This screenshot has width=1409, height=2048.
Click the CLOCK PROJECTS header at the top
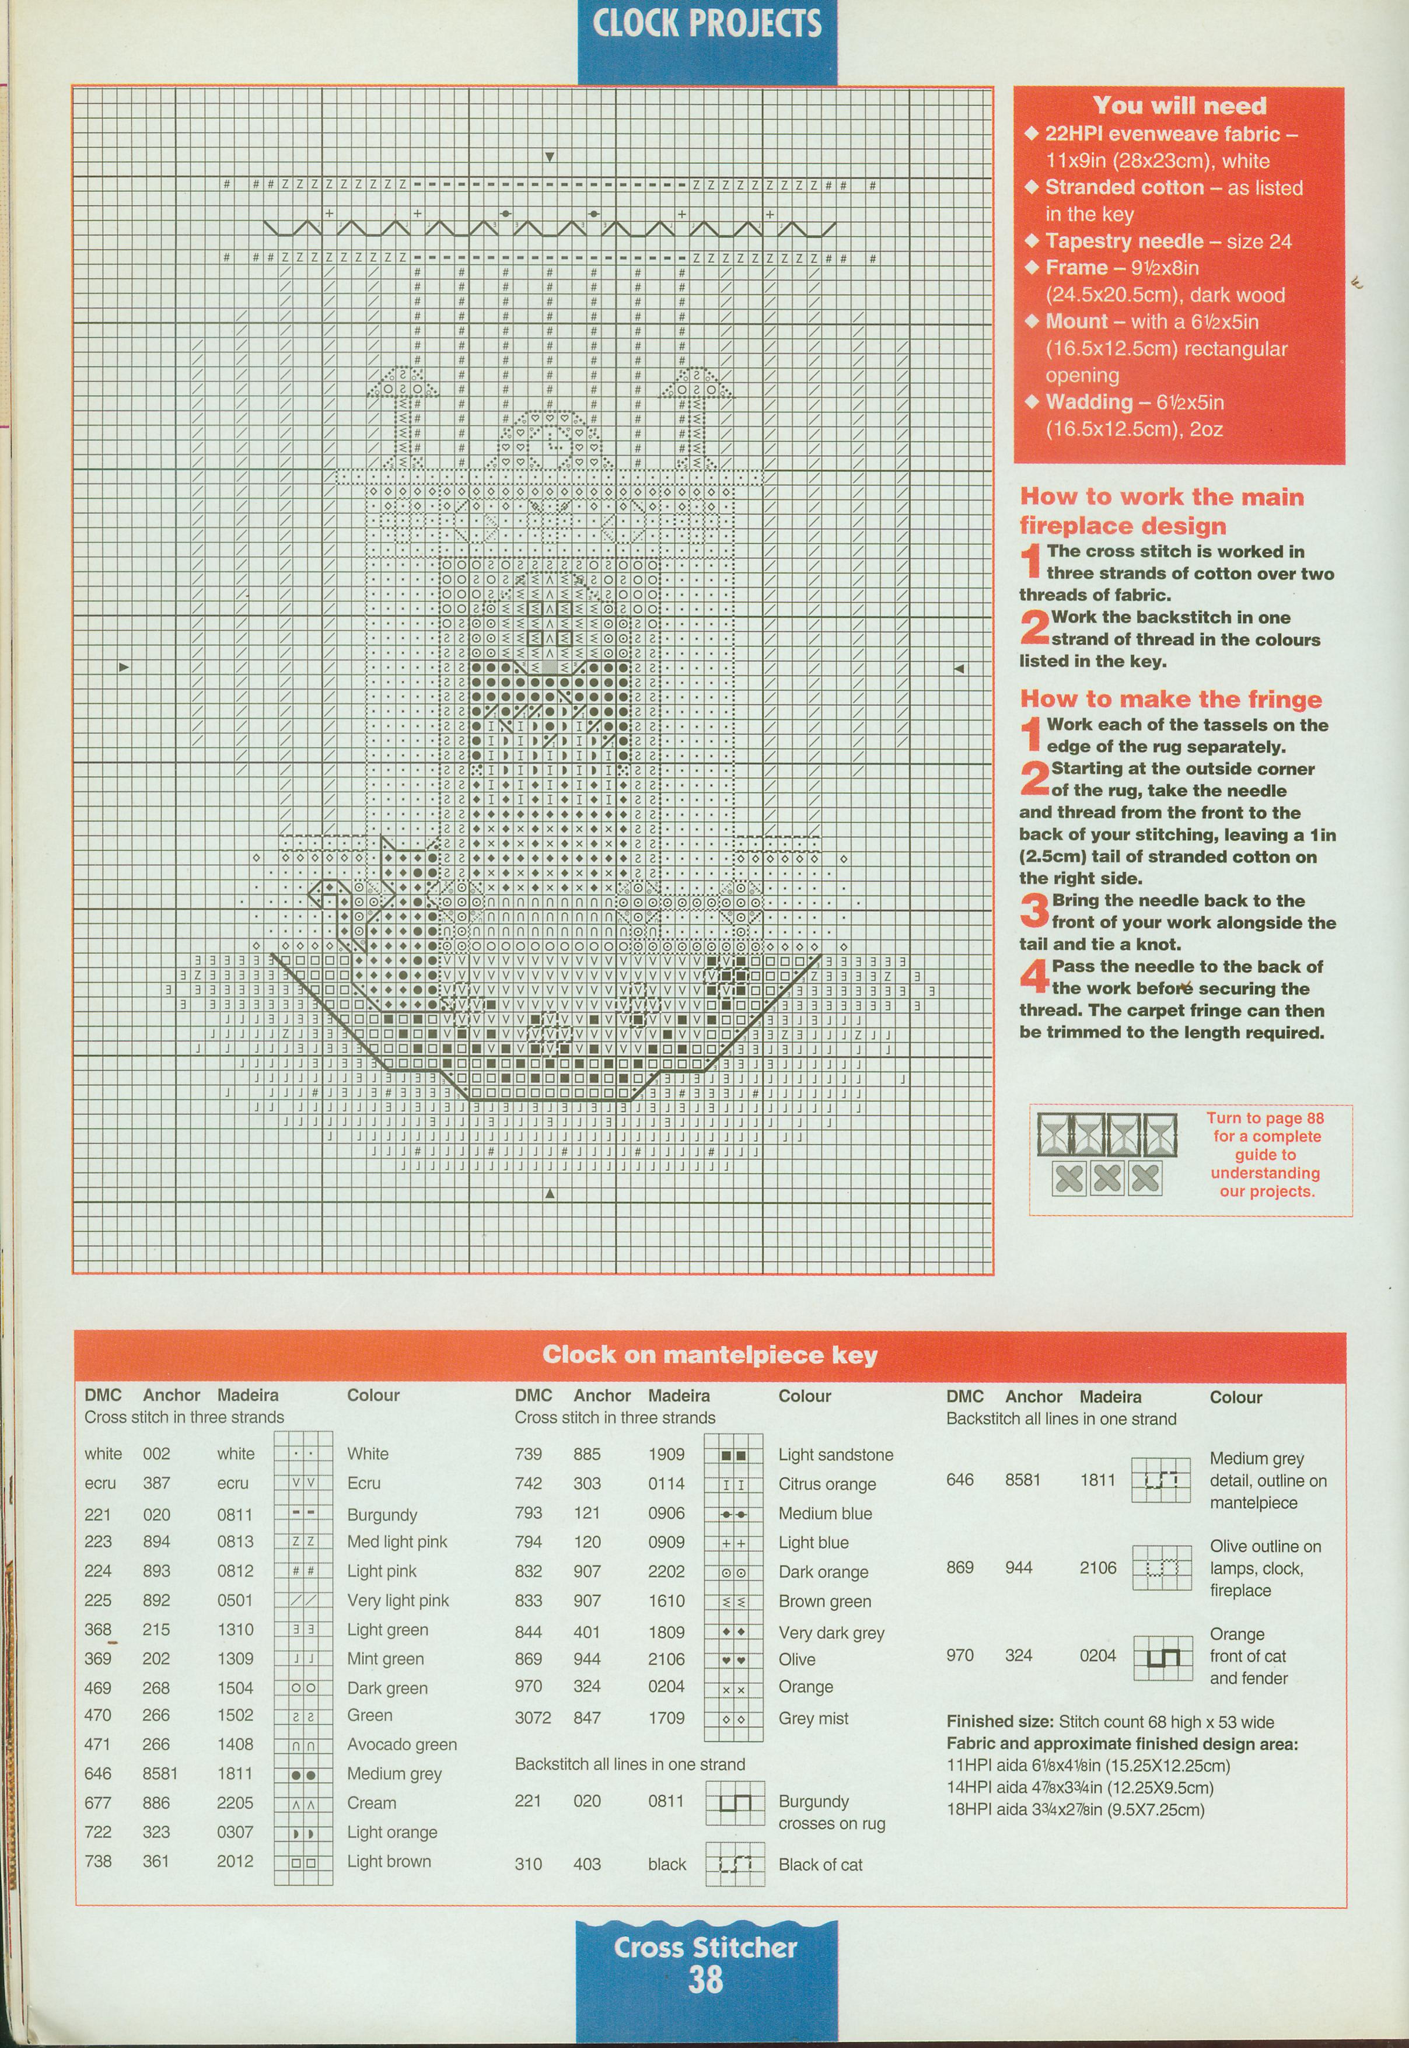pos(707,25)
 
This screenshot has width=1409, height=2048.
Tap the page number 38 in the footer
pos(705,1981)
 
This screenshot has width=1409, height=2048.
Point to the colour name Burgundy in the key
pos(382,1515)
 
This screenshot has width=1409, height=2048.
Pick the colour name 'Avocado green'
pos(401,1745)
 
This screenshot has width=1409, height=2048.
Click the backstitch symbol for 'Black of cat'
pos(735,1864)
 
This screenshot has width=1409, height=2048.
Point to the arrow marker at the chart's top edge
pos(549,157)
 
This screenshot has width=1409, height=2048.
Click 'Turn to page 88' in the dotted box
pos(1264,1119)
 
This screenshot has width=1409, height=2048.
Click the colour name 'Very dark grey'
pos(831,1633)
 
